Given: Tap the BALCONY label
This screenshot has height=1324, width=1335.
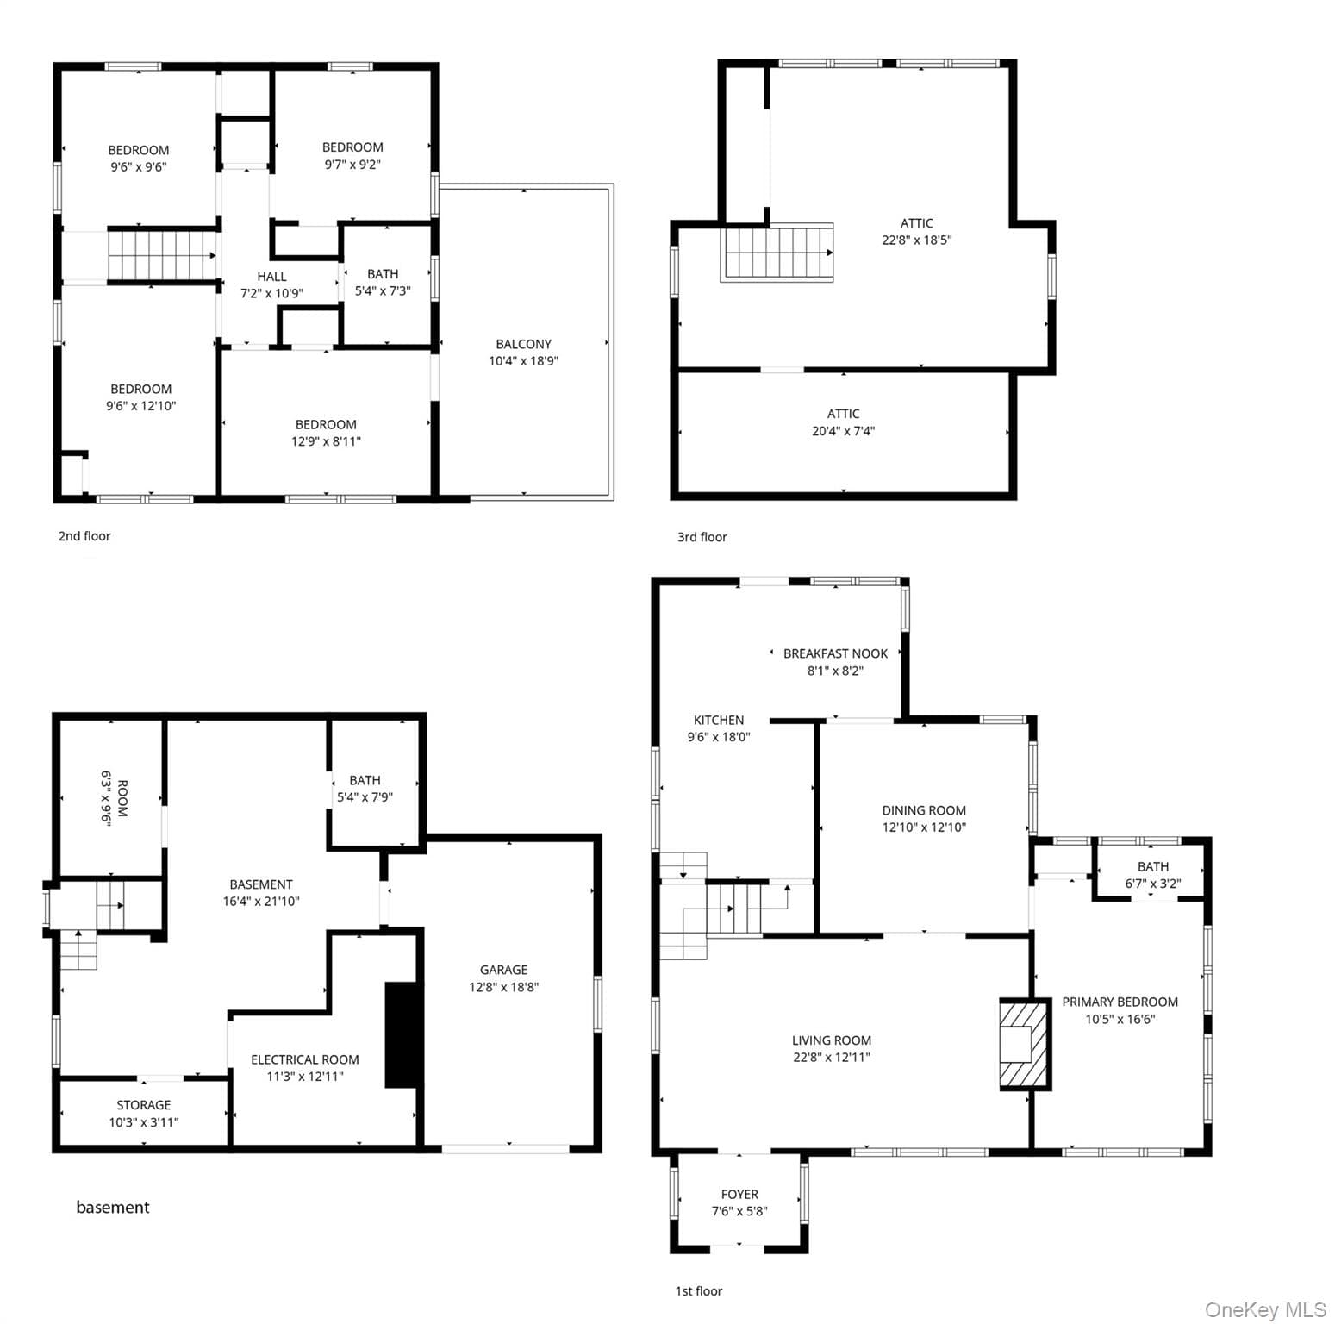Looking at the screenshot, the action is (x=523, y=344).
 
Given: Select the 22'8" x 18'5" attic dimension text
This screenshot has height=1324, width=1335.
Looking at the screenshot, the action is (x=916, y=240).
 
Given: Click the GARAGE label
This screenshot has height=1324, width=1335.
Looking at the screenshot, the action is (x=504, y=970).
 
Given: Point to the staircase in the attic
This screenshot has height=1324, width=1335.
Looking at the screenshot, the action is (x=777, y=253).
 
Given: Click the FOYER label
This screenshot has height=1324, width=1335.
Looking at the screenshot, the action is (x=739, y=1195).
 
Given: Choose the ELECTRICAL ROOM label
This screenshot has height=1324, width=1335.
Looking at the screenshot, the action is (x=305, y=1059).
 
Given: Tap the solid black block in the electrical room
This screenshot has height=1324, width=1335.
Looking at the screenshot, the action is (x=401, y=1034).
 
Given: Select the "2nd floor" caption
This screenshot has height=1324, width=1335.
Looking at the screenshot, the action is (x=84, y=536).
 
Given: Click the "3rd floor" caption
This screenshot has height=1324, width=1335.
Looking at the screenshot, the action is (x=702, y=537).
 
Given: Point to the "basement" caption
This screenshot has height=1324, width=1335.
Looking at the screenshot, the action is (x=113, y=1208).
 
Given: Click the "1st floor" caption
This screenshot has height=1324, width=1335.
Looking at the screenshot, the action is (x=698, y=1291).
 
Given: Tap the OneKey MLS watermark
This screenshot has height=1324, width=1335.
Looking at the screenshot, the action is (x=1265, y=1310).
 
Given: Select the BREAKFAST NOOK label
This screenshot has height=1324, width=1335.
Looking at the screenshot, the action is (x=835, y=653).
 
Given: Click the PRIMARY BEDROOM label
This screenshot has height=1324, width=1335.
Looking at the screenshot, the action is (x=1120, y=1002).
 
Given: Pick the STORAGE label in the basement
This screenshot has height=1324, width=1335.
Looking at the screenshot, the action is (x=144, y=1105).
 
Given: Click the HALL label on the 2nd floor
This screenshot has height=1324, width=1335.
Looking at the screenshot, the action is (x=271, y=277).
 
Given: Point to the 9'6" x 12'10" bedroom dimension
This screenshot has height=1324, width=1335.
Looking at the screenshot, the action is (x=140, y=406).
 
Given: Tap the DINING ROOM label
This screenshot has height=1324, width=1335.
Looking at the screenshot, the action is (x=924, y=810).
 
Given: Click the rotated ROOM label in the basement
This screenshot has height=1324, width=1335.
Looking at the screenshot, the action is (x=122, y=798).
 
